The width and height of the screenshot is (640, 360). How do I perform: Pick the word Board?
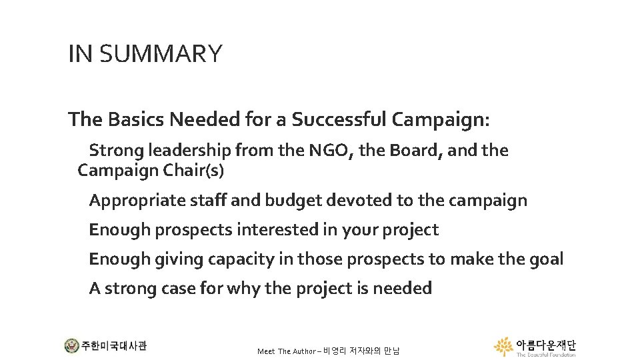click(x=417, y=151)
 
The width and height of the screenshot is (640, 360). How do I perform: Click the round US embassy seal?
click(x=71, y=346)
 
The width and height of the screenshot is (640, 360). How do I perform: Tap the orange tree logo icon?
click(x=504, y=346)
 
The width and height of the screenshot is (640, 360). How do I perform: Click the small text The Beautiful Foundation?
click(x=545, y=355)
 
